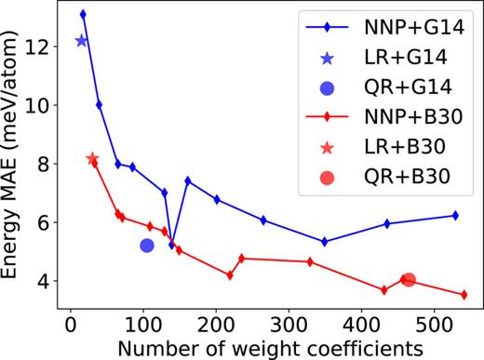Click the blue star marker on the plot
click(81, 40)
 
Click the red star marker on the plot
click(92, 159)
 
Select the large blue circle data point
click(146, 246)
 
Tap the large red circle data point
click(408, 279)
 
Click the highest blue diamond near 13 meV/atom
click(83, 14)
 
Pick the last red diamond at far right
click(464, 295)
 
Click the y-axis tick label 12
click(39, 47)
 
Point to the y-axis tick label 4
click(45, 281)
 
